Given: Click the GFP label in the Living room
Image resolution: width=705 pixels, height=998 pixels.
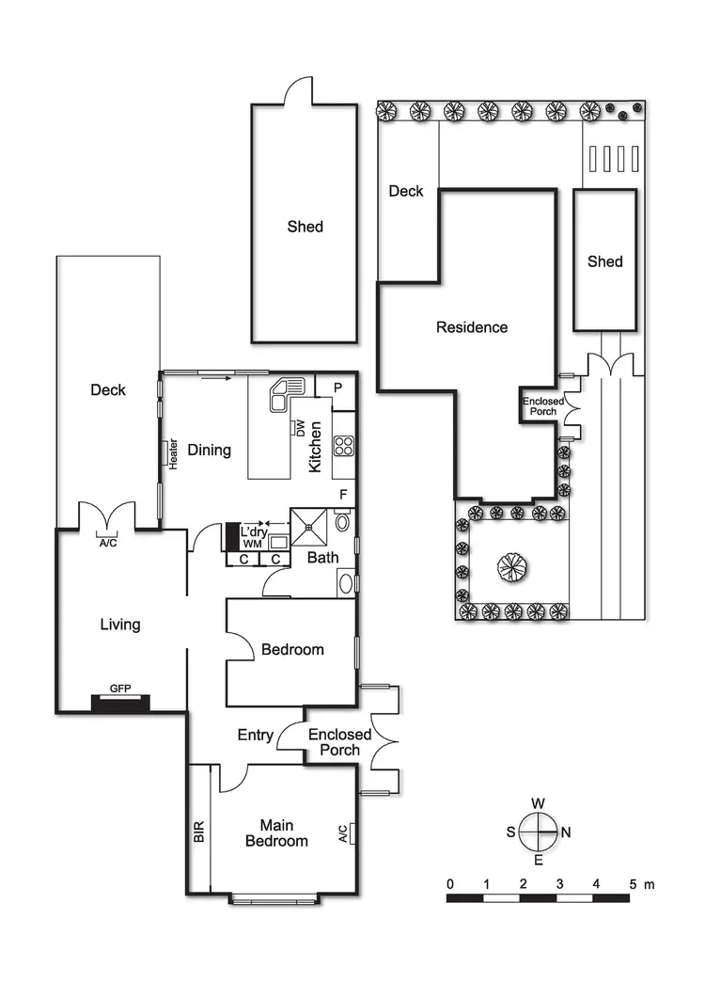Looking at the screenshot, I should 119,689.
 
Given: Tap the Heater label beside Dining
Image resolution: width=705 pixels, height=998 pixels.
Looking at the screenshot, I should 173,453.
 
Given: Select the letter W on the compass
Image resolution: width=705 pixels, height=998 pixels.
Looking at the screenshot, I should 539,803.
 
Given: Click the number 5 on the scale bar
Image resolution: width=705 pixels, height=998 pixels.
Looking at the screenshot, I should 633,884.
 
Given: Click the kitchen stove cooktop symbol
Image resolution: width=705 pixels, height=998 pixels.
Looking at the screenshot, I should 343,445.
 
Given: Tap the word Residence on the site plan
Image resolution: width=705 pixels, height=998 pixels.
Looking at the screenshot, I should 471,327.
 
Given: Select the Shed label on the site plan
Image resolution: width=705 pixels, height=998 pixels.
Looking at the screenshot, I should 604,261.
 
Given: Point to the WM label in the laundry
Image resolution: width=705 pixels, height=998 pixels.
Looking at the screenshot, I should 251,544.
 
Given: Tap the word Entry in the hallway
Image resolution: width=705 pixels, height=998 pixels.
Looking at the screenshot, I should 256,736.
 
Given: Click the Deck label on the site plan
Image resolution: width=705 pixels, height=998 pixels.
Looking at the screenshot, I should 406,191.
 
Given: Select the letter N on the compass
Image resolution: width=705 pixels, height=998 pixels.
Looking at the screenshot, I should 566,832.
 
